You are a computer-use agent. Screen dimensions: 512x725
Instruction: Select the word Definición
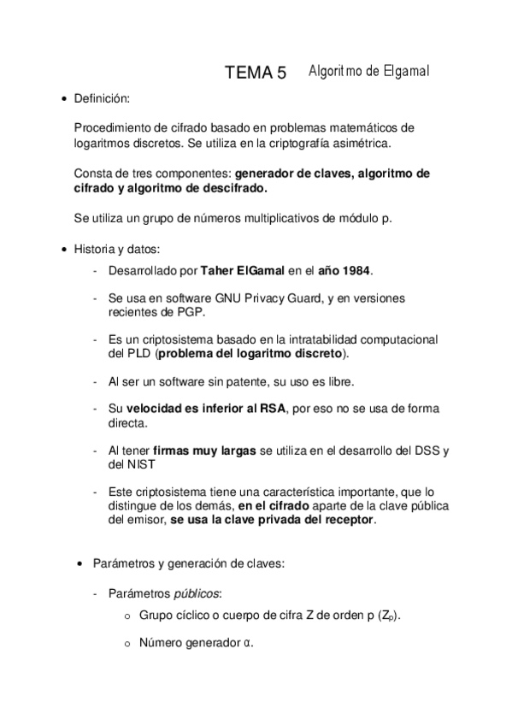[x=103, y=100]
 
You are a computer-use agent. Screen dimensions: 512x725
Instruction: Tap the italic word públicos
[x=199, y=593]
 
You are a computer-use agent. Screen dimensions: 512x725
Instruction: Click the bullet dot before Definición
[x=63, y=101]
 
